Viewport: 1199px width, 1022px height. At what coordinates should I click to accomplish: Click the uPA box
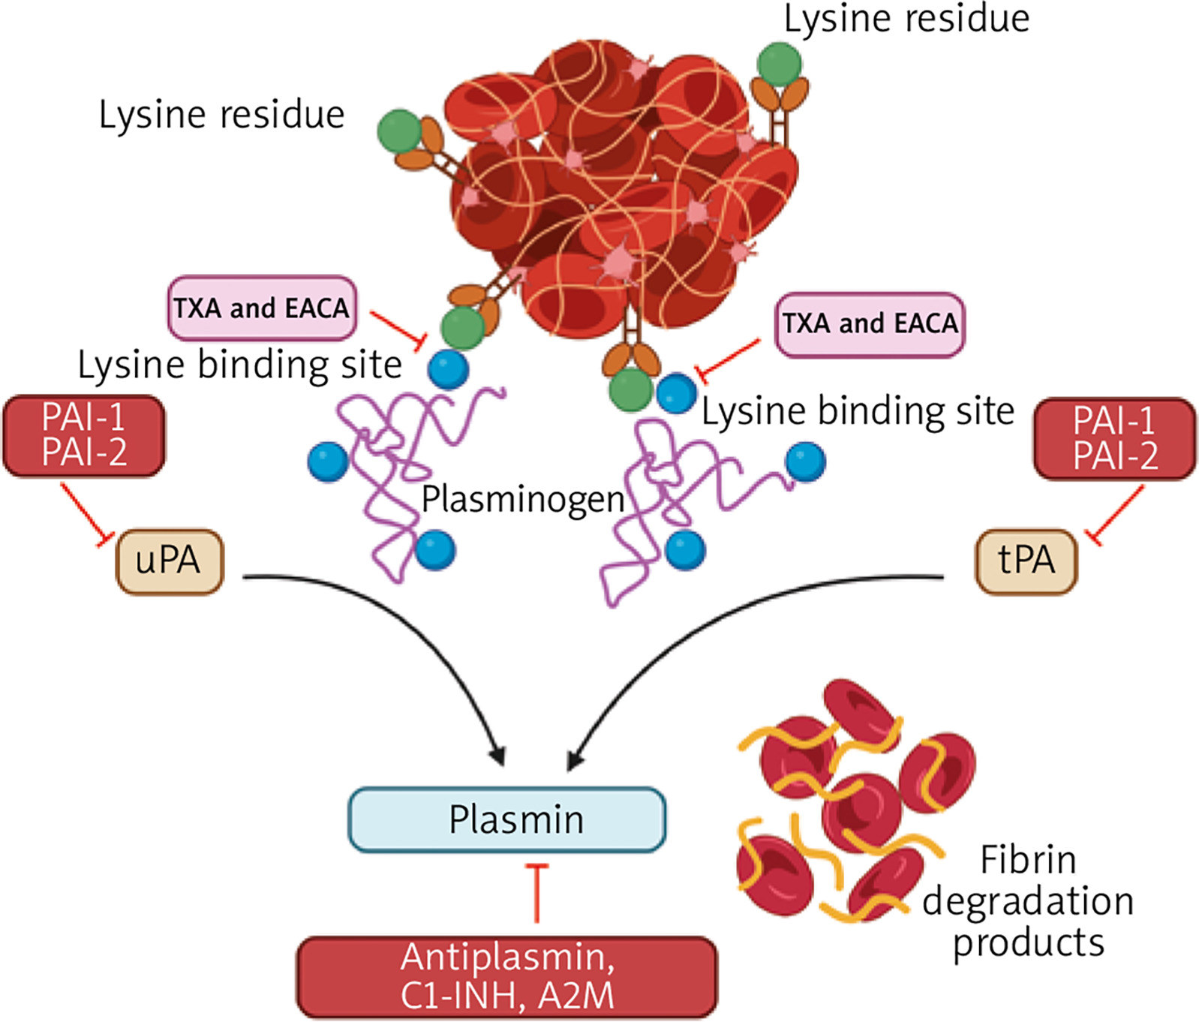170,561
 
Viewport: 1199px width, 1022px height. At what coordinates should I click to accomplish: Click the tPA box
1026,561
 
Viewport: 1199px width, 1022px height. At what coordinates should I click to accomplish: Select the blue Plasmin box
507,819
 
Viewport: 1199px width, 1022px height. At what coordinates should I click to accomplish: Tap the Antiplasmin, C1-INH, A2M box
507,977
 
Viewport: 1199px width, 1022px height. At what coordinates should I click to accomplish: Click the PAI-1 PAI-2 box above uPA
84,435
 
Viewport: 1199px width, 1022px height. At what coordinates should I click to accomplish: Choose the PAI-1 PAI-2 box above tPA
1115,438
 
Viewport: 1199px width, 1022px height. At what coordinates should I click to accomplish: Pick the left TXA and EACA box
261,308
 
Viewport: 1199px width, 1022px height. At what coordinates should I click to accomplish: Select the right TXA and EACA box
870,324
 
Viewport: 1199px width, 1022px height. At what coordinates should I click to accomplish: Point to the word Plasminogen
523,499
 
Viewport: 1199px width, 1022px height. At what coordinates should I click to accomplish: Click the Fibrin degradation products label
1028,900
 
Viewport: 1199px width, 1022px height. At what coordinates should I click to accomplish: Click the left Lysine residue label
221,115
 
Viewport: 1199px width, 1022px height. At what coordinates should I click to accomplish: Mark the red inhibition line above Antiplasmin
536,893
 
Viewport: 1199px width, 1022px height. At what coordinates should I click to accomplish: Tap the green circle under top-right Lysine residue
779,64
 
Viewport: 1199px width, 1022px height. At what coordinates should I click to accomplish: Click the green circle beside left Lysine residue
399,131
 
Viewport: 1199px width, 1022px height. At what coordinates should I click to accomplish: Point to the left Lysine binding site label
240,365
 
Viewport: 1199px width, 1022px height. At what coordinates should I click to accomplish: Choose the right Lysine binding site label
858,411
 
